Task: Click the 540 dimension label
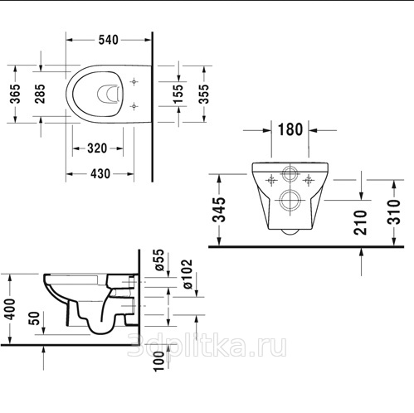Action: click(109, 40)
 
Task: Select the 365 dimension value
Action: click(15, 94)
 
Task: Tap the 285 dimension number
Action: click(40, 94)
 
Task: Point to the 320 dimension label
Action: click(97, 148)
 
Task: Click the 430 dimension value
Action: click(100, 174)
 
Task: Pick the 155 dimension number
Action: click(178, 94)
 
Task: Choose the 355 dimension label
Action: click(204, 94)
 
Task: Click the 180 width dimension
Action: click(290, 129)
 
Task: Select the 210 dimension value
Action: click(360, 222)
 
